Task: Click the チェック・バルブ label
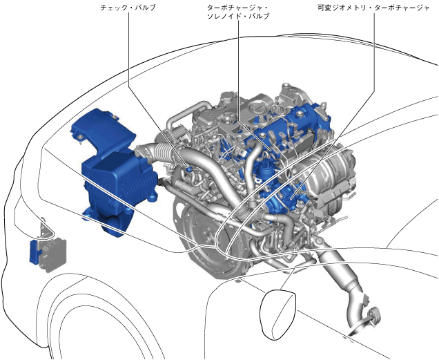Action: click(128, 8)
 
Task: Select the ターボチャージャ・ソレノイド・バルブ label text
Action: click(238, 12)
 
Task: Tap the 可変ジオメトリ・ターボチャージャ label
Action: click(373, 8)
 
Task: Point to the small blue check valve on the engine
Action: click(189, 169)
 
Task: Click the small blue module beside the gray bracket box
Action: click(35, 252)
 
